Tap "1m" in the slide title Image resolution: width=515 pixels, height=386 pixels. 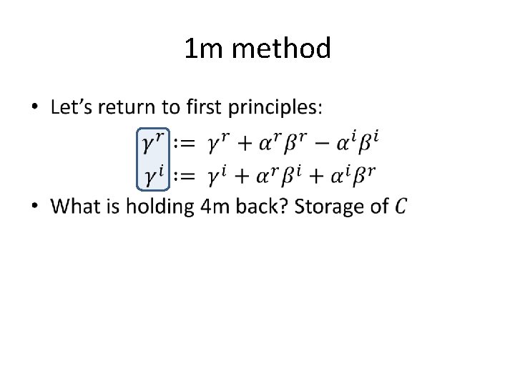pyautogui.click(x=205, y=49)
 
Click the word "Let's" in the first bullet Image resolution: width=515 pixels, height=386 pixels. pyautogui.click(x=72, y=108)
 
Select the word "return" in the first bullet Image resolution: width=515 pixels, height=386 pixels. pyautogui.click(x=127, y=108)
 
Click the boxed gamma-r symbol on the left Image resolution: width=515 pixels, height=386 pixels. pyautogui.click(x=153, y=143)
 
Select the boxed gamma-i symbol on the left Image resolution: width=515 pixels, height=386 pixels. pyautogui.click(x=152, y=176)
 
